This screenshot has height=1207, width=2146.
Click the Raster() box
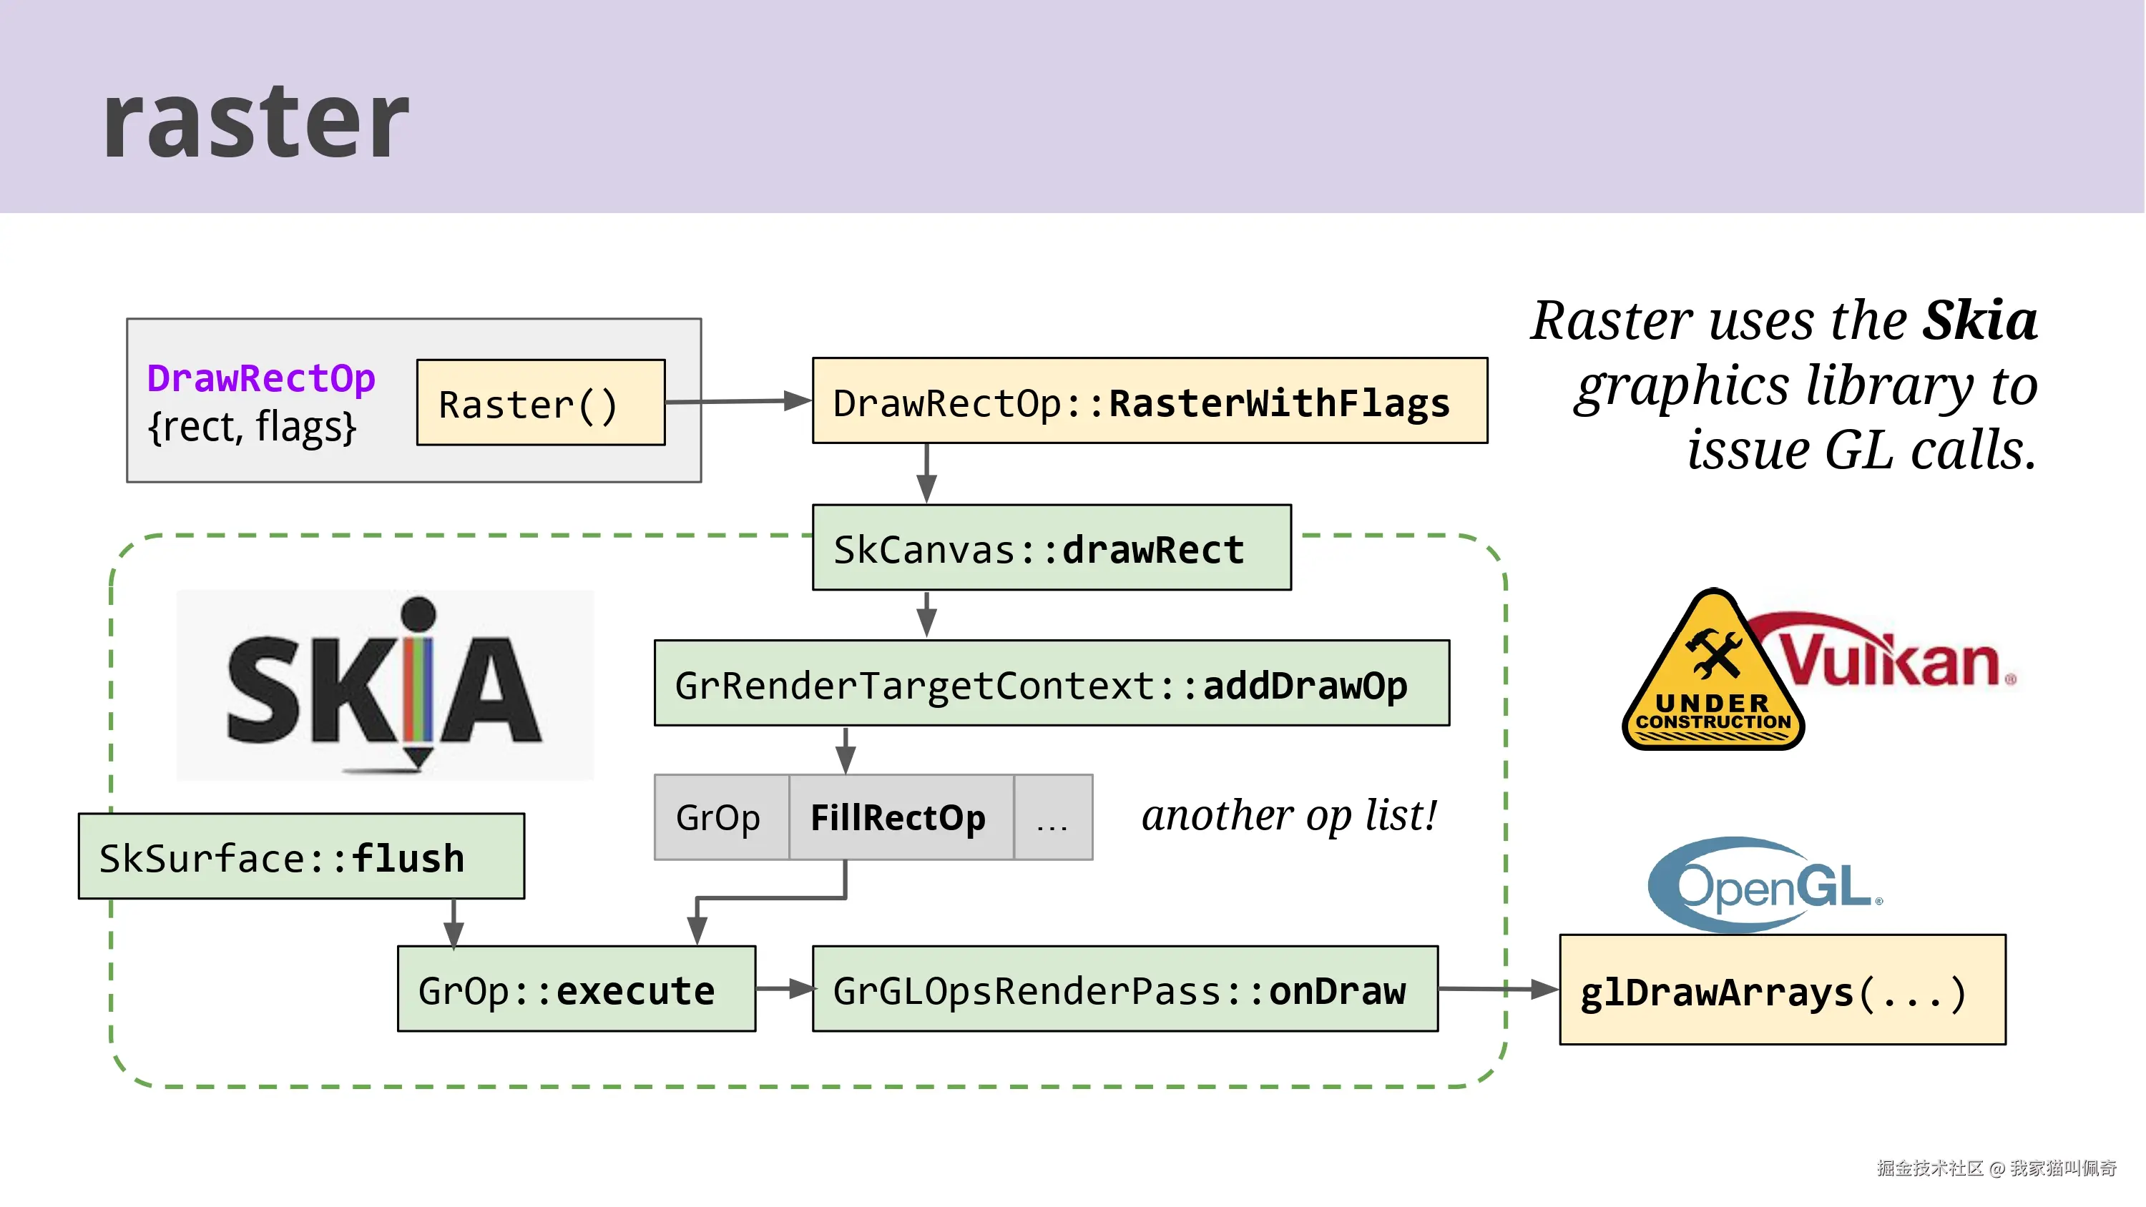point(541,403)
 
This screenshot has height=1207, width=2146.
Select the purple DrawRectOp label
point(261,378)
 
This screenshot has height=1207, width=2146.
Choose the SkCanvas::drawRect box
point(1052,548)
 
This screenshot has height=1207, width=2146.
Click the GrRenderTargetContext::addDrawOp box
point(1052,684)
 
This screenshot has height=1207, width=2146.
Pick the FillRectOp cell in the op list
point(900,817)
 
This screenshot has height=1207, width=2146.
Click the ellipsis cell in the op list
point(1052,817)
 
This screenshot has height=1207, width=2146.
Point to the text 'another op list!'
point(1289,814)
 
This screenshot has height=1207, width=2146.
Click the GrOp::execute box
point(576,989)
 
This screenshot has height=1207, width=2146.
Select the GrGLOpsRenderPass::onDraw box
point(1125,989)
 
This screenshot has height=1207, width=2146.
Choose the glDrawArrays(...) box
point(1782,990)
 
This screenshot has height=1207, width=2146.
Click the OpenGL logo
point(1765,885)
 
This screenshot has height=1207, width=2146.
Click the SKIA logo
point(385,686)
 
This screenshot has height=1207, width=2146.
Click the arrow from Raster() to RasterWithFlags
point(738,402)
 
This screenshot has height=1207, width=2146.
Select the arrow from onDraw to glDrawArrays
point(1498,989)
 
